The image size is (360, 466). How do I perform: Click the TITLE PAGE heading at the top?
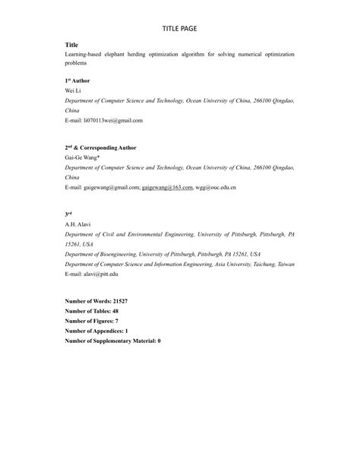pyautogui.click(x=180, y=28)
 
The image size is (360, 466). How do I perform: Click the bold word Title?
pyautogui.click(x=72, y=46)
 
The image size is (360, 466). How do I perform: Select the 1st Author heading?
pyautogui.click(x=77, y=80)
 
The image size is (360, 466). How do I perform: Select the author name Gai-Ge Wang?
pyautogui.click(x=82, y=157)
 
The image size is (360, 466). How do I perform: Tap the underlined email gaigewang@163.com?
pyautogui.click(x=167, y=187)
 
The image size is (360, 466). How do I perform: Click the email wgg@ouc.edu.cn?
pyautogui.click(x=216, y=187)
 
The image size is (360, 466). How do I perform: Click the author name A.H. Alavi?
pyautogui.click(x=78, y=225)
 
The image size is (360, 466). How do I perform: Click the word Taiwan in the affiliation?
pyautogui.click(x=284, y=264)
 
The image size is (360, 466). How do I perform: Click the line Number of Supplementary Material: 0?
pyautogui.click(x=113, y=341)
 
